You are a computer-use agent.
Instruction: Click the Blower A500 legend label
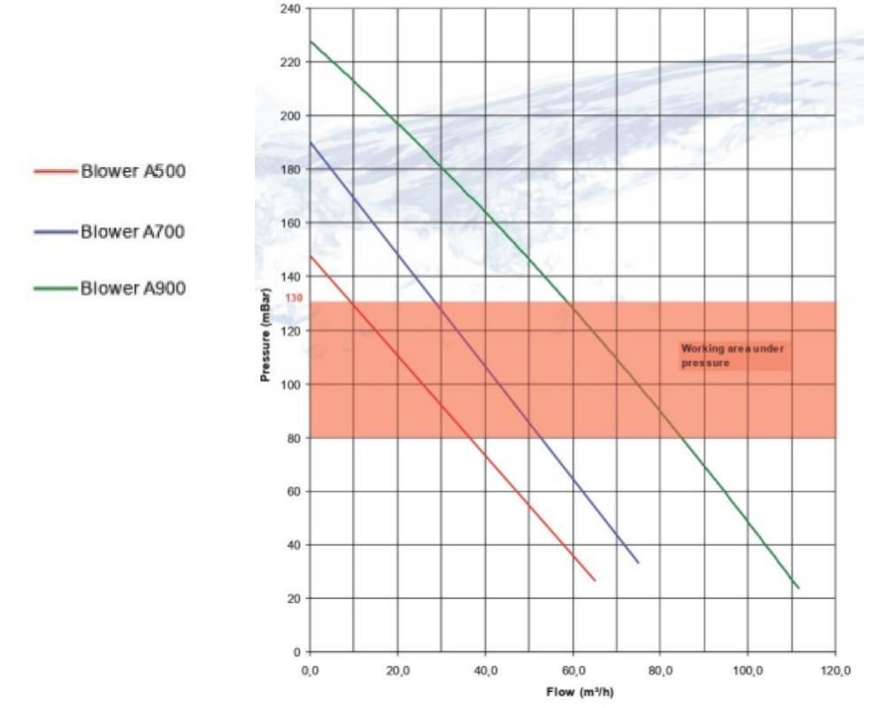pos(133,172)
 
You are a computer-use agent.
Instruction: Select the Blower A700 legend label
pos(133,231)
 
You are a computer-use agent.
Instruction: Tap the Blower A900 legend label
pos(133,289)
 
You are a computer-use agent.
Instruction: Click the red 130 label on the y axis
pos(295,298)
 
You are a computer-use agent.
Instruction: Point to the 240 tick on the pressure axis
pos(291,9)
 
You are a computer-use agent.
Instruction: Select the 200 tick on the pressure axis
pos(291,116)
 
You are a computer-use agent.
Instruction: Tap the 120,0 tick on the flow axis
pos(835,669)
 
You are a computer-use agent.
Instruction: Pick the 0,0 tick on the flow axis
pos(310,669)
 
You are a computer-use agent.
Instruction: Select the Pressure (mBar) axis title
pos(265,331)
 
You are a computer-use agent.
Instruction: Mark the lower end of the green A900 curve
pos(798,587)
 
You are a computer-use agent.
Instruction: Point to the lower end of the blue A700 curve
pos(638,562)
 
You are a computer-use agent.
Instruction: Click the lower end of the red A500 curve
pos(595,580)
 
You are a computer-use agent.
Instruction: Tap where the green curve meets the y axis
pos(311,42)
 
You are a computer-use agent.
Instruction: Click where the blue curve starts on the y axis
pos(311,142)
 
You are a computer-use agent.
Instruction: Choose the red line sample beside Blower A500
pos(56,172)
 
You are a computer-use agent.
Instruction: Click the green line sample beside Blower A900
pos(56,289)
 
